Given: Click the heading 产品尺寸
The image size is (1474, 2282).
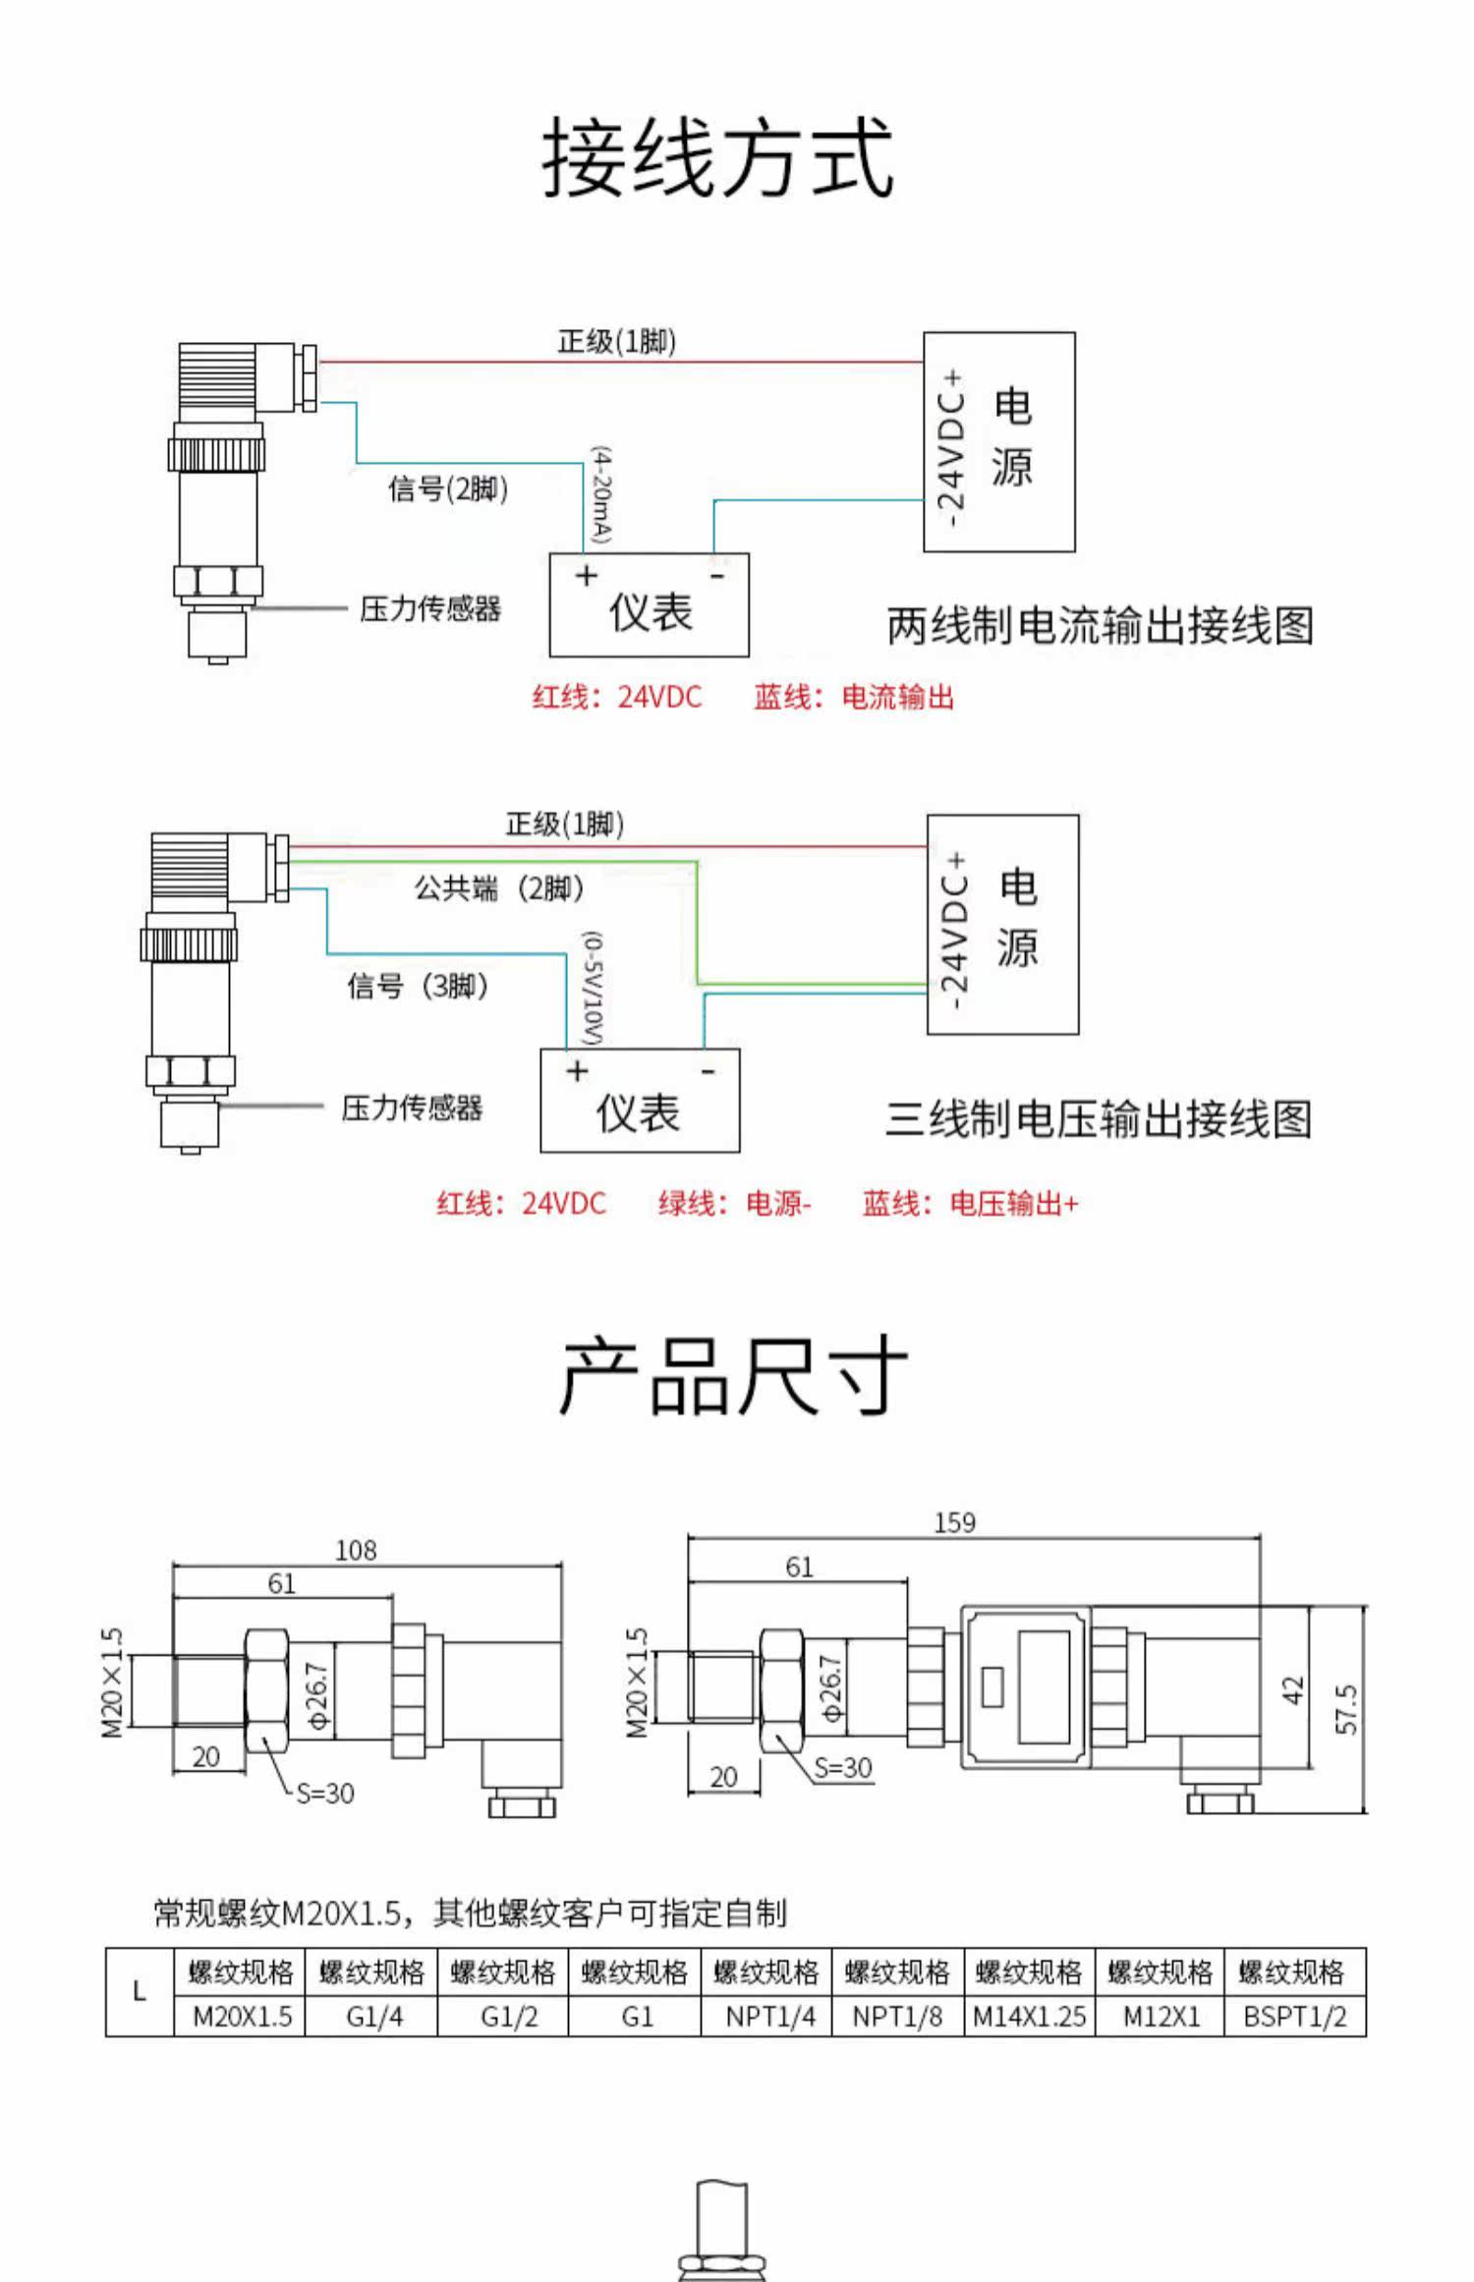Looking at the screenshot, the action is [x=732, y=1376].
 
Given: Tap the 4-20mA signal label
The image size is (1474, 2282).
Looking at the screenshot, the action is [x=601, y=496].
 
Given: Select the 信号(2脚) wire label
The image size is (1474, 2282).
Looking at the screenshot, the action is [x=448, y=488].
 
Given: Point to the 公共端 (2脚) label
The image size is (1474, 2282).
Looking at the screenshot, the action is [x=499, y=888].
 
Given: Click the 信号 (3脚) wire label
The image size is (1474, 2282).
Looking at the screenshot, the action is [x=419, y=985].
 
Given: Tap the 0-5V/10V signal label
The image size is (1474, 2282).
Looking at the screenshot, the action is [x=594, y=988].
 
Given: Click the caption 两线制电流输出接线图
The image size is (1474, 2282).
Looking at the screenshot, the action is [x=1101, y=625].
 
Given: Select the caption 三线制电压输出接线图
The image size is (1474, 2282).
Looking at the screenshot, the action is [x=1099, y=1118].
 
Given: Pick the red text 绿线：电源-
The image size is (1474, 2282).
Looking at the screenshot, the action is [x=735, y=1203].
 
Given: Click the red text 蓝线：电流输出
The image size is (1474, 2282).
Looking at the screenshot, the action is [x=854, y=697].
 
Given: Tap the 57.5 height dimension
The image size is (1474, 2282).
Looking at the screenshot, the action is [x=1347, y=1709].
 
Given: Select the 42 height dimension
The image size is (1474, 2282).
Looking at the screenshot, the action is [x=1293, y=1690].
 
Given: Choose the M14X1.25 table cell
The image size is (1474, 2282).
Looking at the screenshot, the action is [x=1030, y=2017].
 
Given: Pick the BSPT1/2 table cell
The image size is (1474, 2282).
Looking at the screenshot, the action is [x=1295, y=2017].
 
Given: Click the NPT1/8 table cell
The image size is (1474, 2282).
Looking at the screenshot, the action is [x=897, y=2017].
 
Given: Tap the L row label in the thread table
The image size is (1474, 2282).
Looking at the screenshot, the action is [x=140, y=1992].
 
